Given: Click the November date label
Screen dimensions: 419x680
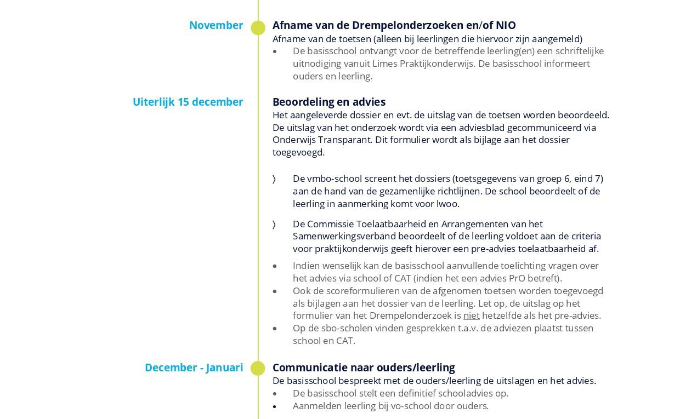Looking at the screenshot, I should (216, 25).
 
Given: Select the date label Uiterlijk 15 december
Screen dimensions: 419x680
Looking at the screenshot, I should (188, 102).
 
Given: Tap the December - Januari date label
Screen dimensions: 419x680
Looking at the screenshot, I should (194, 368).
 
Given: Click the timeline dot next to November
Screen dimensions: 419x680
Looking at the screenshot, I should (258, 28).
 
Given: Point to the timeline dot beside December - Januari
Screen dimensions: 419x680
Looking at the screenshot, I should (258, 368).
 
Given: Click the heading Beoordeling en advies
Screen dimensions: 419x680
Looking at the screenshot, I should (328, 102).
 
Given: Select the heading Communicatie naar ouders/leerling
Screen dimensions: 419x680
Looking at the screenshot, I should (363, 368).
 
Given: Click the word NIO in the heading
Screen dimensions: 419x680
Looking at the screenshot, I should (506, 25).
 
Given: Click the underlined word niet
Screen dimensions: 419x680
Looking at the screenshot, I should (471, 315).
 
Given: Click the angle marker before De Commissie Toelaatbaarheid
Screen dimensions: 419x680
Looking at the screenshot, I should (274, 224).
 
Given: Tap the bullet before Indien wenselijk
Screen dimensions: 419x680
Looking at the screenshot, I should (275, 266).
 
